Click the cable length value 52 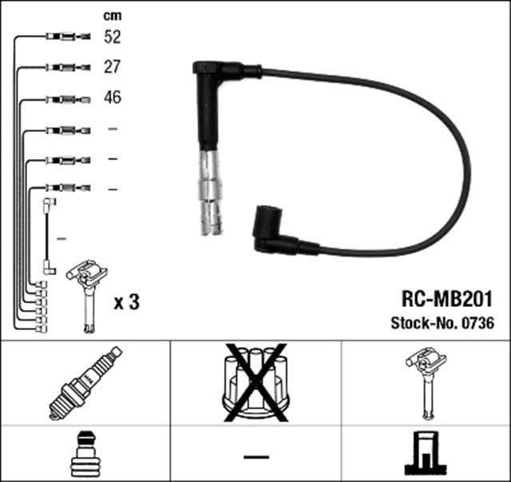(x=113, y=36)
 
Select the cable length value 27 (x=113, y=67)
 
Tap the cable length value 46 (x=113, y=99)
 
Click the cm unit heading (x=113, y=14)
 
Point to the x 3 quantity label (x=125, y=303)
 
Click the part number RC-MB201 (x=445, y=300)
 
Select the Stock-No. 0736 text (x=442, y=324)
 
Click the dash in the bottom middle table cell (x=255, y=456)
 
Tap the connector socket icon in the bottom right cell (x=426, y=455)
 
